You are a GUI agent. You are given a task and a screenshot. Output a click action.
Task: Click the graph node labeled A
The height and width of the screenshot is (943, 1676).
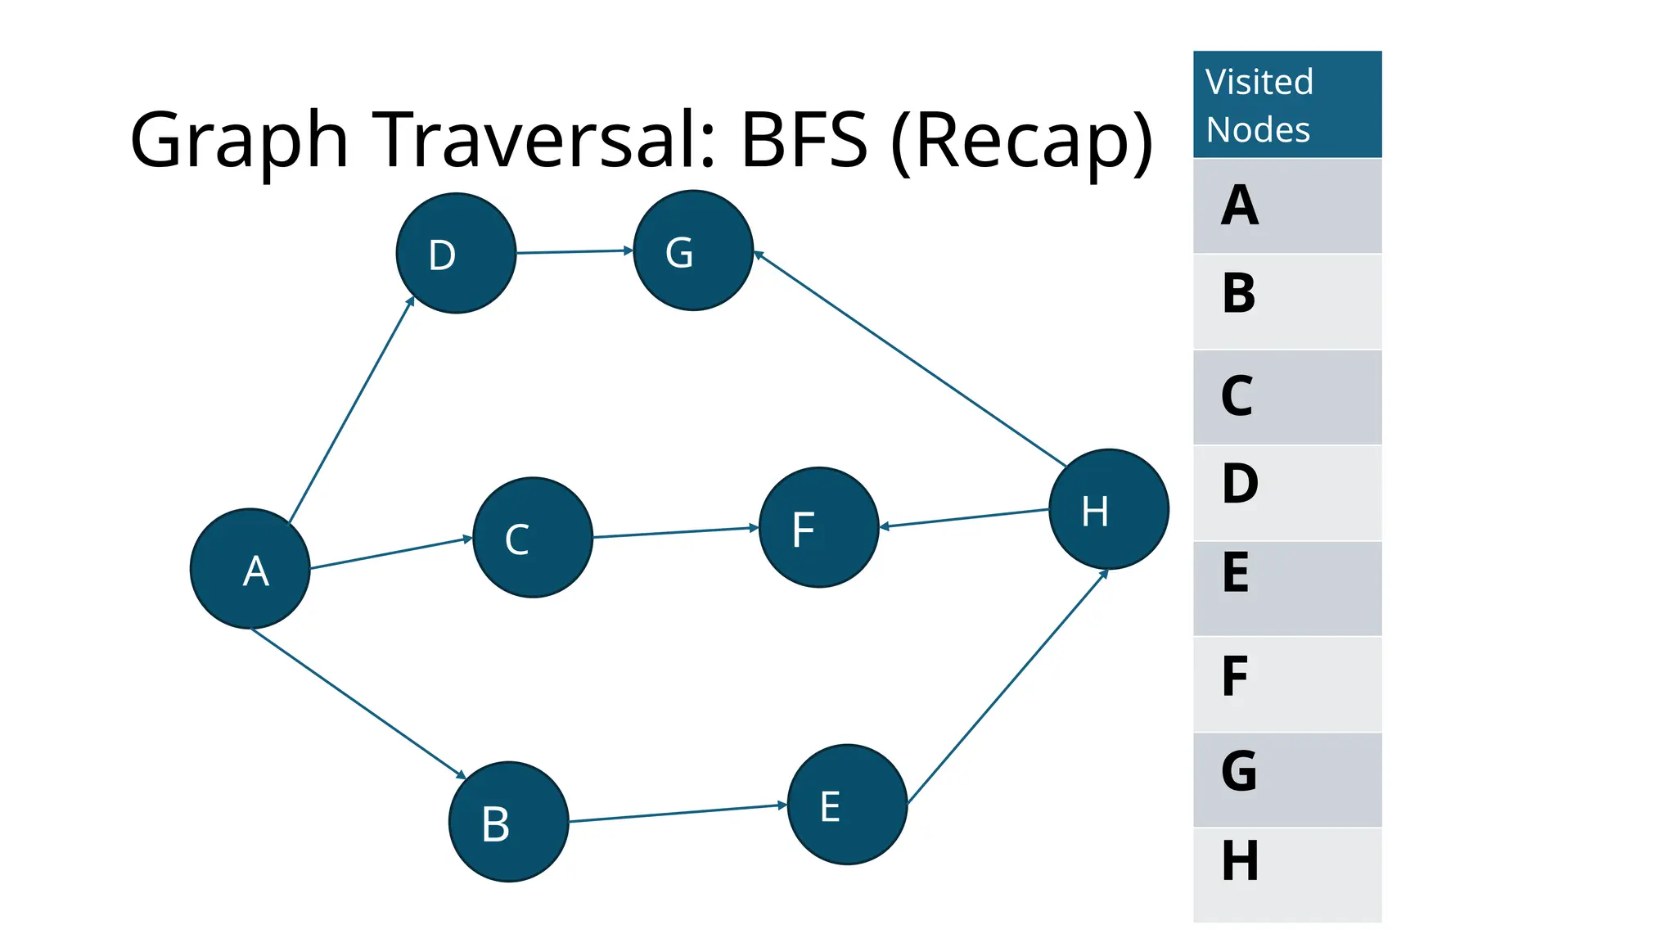250,569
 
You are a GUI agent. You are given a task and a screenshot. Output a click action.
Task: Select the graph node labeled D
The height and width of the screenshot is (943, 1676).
456,253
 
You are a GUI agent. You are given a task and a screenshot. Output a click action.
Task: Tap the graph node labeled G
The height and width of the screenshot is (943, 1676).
693,250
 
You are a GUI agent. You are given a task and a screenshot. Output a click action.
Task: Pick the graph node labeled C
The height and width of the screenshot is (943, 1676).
533,538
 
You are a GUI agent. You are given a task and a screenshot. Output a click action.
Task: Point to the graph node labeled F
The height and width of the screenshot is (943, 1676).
818,527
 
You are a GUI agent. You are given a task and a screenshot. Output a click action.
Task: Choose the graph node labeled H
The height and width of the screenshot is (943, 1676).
1108,509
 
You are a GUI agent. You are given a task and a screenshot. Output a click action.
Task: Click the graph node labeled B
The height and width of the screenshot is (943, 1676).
508,822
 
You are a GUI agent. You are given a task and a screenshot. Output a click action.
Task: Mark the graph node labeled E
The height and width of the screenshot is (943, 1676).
847,805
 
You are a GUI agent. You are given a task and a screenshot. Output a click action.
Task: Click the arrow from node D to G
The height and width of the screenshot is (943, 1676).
574,251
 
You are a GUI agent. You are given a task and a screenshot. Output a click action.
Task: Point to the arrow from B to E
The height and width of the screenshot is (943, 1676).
678,813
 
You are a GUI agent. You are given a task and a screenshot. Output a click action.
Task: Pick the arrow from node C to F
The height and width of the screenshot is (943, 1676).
675,533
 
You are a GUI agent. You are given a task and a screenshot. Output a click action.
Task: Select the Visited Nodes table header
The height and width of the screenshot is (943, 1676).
1286,105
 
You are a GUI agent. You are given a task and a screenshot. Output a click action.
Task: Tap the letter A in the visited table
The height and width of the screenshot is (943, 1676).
1239,205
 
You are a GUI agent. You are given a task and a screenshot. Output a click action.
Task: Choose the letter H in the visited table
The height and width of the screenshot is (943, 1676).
1240,861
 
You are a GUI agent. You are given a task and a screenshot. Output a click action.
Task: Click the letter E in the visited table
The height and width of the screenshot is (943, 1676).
1236,573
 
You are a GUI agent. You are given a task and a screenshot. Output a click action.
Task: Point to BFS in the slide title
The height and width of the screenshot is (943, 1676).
804,140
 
